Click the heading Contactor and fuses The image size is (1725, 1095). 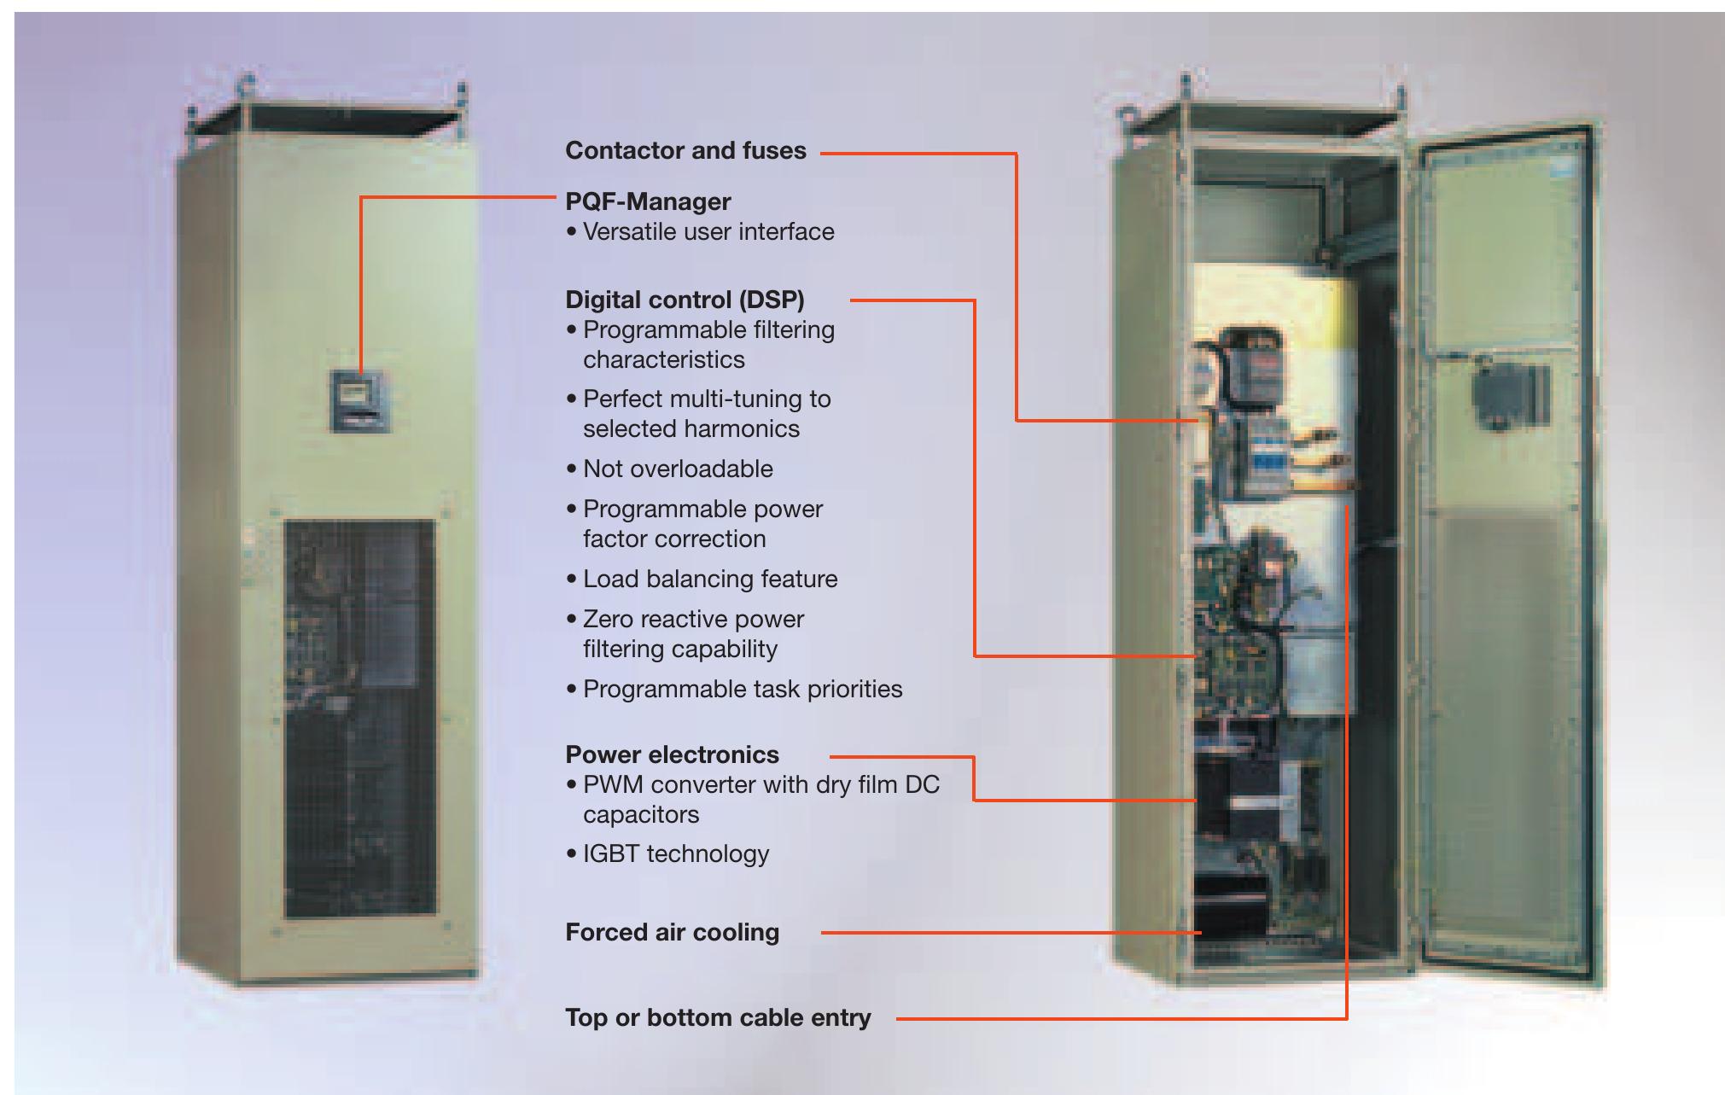pyautogui.click(x=685, y=151)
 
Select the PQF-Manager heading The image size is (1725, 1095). pyautogui.click(x=648, y=202)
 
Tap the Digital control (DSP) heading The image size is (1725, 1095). pyautogui.click(x=685, y=300)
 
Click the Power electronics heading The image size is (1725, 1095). pyautogui.click(x=672, y=755)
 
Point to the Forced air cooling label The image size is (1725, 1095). pyautogui.click(x=672, y=933)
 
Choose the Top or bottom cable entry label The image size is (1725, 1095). pyautogui.click(x=718, y=1018)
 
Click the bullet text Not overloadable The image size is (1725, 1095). pyautogui.click(x=678, y=469)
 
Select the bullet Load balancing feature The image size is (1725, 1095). pyautogui.click(x=710, y=580)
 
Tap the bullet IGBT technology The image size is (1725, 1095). pyautogui.click(x=676, y=854)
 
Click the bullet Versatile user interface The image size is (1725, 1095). pyautogui.click(x=708, y=232)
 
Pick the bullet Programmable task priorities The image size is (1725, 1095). pyautogui.click(x=743, y=690)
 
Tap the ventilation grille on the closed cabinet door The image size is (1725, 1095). pyautogui.click(x=359, y=717)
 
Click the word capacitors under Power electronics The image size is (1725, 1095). pyautogui.click(x=641, y=815)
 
